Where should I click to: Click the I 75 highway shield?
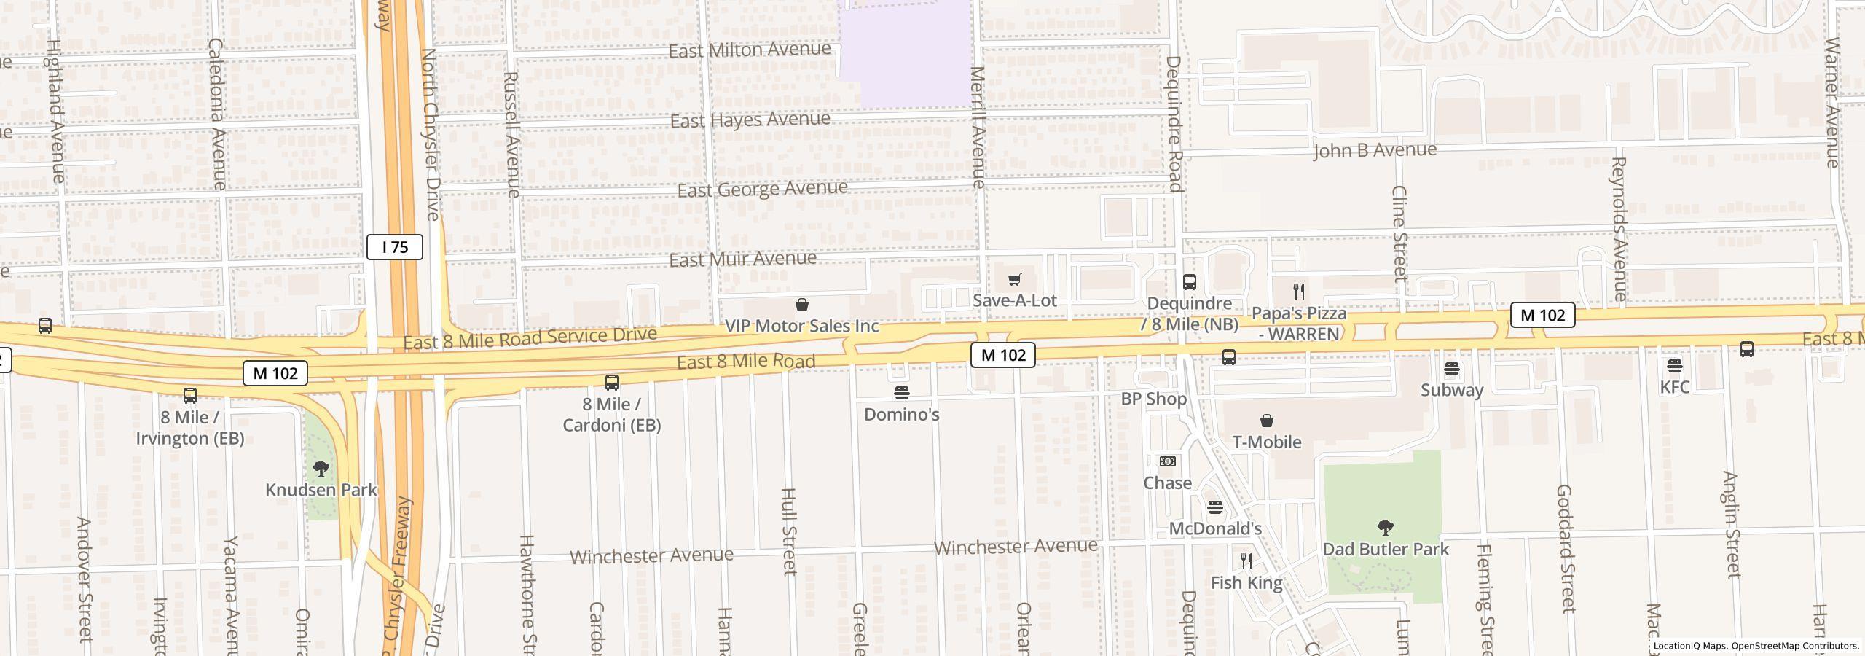click(394, 247)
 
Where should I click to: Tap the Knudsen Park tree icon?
click(321, 468)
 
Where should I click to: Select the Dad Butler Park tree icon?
click(1386, 527)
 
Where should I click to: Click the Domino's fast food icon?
click(902, 393)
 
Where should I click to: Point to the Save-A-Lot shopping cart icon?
click(1014, 279)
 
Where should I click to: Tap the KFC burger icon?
click(1674, 365)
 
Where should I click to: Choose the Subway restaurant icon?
click(1452, 369)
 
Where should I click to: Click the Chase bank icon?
click(1167, 461)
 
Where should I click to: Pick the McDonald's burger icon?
click(1214, 507)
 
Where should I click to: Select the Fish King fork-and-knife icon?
click(1246, 561)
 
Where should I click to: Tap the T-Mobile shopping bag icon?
click(1267, 421)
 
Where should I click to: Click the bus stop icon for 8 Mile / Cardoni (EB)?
click(612, 382)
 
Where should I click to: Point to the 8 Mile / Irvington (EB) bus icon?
click(190, 396)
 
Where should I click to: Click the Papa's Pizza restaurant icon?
click(1299, 292)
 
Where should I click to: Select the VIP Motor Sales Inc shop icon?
click(802, 305)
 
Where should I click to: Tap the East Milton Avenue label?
click(750, 50)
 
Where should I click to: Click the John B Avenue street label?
click(1375, 150)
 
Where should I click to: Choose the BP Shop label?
click(1154, 399)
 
